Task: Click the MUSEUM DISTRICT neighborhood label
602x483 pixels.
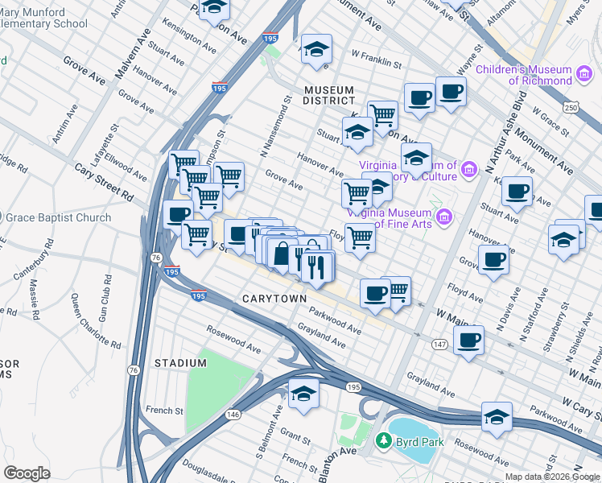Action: (329, 94)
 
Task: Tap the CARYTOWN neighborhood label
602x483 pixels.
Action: (274, 299)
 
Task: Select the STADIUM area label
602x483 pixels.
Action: (180, 363)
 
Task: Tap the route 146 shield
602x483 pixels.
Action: (233, 414)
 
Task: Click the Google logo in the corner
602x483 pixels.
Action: (27, 473)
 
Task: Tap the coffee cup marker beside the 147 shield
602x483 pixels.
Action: (468, 340)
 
